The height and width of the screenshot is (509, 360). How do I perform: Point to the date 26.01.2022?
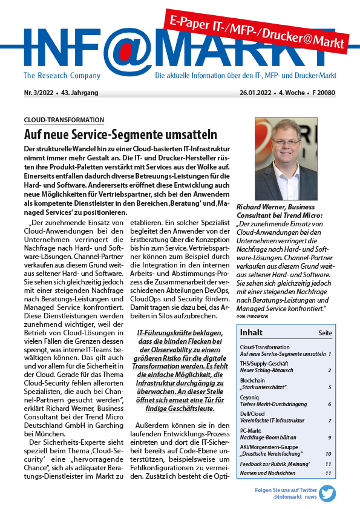[x=258, y=93]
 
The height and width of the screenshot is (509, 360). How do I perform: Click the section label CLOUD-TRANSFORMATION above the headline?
[x=64, y=120]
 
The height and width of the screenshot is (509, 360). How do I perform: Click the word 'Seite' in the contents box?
[x=325, y=333]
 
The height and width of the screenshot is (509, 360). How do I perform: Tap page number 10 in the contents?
[x=328, y=453]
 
